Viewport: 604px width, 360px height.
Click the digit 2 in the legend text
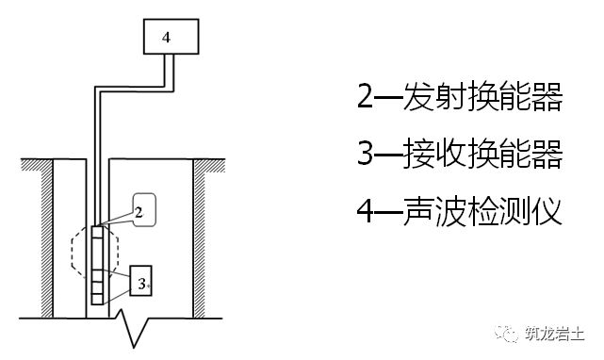365,96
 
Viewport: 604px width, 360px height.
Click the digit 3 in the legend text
365,153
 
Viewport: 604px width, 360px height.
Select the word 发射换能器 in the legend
481,96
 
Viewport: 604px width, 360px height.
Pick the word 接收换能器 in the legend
481,153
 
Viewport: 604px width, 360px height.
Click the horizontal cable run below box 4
132,88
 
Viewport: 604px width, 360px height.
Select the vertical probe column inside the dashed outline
99,265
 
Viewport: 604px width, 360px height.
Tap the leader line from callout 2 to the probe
114,221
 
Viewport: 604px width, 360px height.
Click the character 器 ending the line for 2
547,96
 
